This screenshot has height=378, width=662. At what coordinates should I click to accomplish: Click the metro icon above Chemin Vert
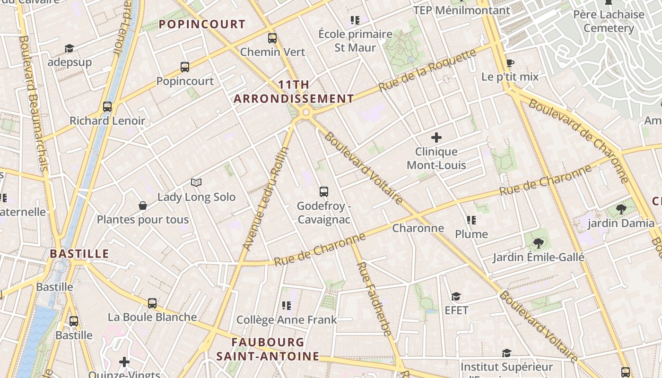click(272, 38)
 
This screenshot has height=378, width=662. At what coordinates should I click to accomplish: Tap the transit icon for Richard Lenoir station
click(107, 107)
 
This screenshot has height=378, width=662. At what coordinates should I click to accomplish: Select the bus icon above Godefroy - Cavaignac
click(324, 192)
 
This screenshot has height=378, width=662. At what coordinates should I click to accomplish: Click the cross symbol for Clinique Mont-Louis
click(436, 137)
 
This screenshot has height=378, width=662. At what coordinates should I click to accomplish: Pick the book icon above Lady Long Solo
click(196, 182)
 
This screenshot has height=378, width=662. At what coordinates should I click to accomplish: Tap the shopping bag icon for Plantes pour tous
click(142, 206)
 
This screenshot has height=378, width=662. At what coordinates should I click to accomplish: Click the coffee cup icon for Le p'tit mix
click(510, 63)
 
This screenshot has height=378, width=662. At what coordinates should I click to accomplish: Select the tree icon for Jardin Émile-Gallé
click(538, 243)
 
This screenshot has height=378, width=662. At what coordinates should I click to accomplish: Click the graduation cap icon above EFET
click(456, 296)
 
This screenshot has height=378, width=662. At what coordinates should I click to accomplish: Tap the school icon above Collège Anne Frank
click(286, 306)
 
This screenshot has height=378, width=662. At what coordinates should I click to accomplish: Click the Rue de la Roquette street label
click(427, 70)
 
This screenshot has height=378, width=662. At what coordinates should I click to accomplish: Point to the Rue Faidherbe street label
click(374, 299)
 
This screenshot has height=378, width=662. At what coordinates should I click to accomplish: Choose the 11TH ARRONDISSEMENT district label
click(294, 92)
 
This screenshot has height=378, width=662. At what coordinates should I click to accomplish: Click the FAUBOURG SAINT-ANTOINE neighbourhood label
click(268, 349)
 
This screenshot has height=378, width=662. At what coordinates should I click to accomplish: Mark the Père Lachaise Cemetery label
click(609, 21)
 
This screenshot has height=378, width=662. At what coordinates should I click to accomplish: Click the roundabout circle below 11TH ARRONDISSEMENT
click(306, 112)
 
